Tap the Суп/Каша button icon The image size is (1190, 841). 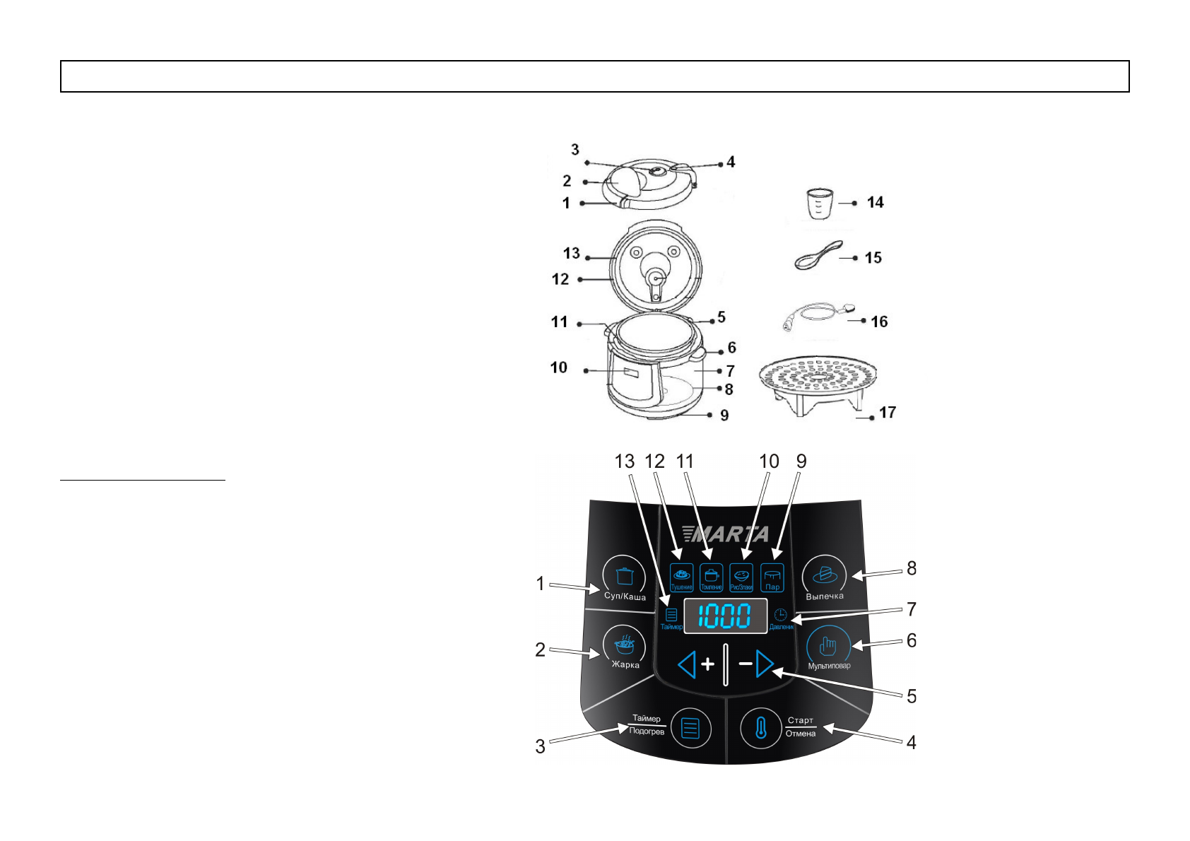pos(624,576)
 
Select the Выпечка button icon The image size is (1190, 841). pos(824,575)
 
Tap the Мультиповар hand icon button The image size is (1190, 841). pos(827,646)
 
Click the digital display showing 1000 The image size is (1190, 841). pos(725,616)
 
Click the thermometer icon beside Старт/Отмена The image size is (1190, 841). pos(760,728)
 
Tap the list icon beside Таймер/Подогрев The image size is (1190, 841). pos(690,728)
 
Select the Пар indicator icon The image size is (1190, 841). pos(772,578)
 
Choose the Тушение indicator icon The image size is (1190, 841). pos(681,577)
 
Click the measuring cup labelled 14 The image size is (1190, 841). pos(820,204)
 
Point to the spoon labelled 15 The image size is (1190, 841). pos(818,256)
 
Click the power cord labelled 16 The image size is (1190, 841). pos(816,315)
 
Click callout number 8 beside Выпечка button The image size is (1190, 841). pos(912,568)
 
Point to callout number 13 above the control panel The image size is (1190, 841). pos(625,461)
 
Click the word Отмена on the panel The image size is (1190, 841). pos(801,734)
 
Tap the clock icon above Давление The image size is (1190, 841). pos(780,615)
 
